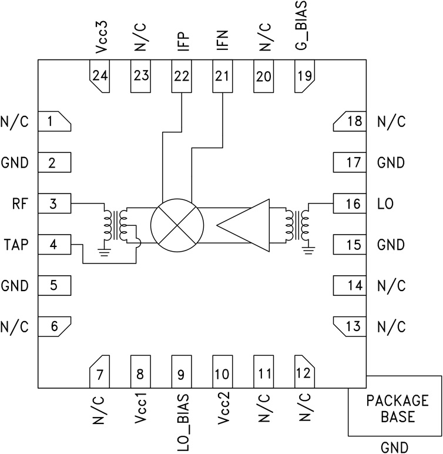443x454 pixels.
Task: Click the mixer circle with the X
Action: click(x=177, y=224)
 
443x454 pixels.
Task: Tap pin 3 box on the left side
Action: click(x=54, y=203)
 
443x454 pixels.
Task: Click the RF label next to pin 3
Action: click(x=18, y=203)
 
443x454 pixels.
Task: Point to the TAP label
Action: click(x=16, y=245)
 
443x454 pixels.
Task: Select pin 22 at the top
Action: click(x=182, y=76)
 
